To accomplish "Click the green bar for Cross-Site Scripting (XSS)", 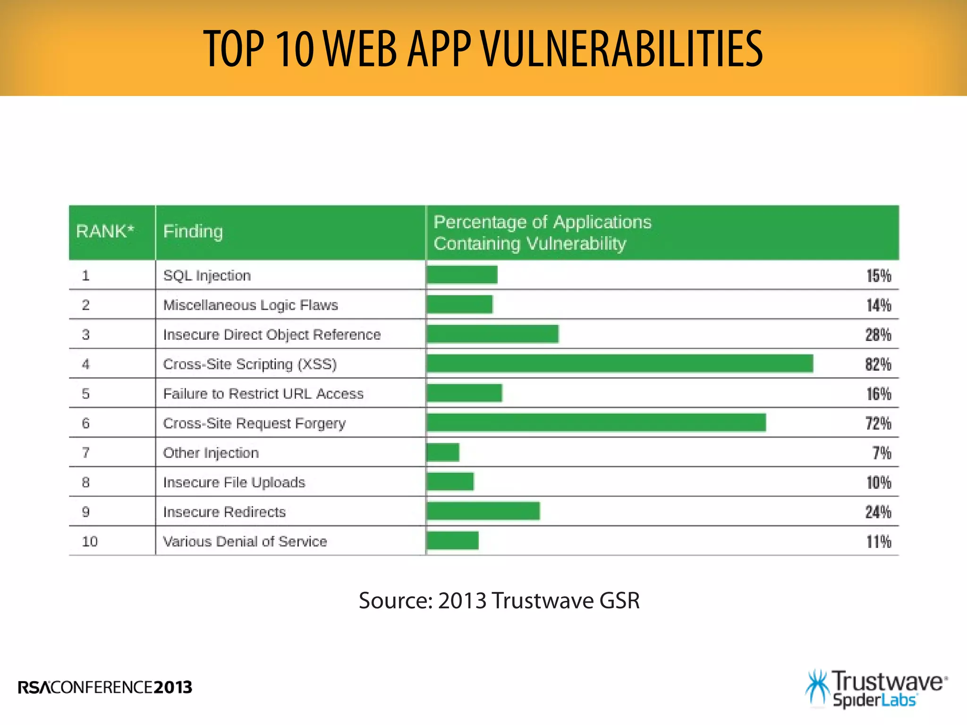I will (619, 363).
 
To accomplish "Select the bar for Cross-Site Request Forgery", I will (596, 422).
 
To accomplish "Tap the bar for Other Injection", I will (443, 452).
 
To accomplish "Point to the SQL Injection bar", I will (462, 275).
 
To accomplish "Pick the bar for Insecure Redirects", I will (483, 511).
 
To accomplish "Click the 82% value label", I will (878, 364).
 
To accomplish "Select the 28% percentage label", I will (878, 335).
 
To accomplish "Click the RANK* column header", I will (105, 231).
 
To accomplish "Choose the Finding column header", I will (193, 231).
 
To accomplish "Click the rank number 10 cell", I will (90, 541).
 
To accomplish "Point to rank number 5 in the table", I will (85, 394).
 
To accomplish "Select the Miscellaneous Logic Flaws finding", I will (250, 305).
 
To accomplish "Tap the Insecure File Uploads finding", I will (234, 482).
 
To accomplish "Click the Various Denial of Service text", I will (245, 541).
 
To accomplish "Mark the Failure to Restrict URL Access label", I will (263, 394).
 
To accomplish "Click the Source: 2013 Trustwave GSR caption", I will (499, 600).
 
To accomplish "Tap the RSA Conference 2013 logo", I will (105, 687).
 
